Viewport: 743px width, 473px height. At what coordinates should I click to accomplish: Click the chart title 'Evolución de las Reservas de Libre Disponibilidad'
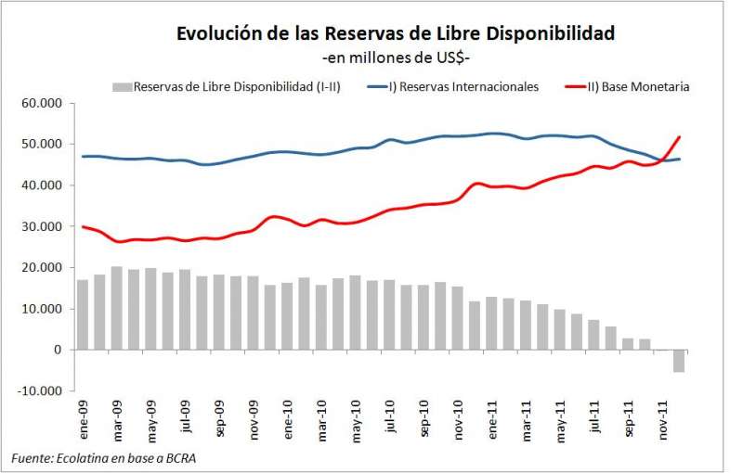[x=395, y=34]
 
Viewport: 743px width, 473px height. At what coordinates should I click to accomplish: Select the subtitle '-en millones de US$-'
[x=395, y=58]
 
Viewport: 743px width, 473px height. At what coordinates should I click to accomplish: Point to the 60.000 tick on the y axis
[x=46, y=103]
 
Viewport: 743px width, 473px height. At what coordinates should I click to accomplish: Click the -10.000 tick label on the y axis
[x=44, y=390]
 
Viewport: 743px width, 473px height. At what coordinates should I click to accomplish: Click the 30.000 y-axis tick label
[x=46, y=226]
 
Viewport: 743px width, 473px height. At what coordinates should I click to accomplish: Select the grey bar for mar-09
[x=117, y=308]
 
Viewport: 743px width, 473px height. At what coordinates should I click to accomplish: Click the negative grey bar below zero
[x=678, y=361]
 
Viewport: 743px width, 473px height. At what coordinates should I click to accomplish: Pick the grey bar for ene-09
[x=83, y=314]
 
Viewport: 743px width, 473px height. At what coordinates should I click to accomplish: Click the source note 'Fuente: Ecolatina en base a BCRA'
[x=104, y=458]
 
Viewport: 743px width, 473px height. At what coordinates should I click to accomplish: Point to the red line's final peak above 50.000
[x=679, y=137]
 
